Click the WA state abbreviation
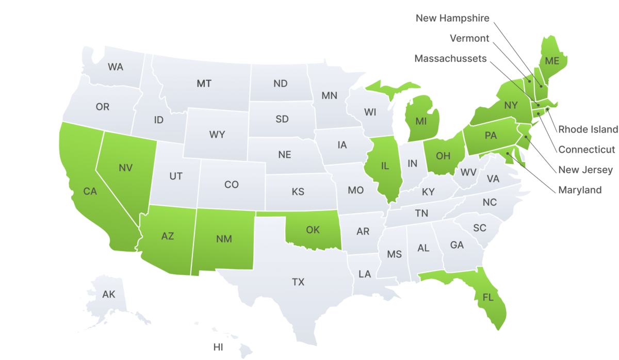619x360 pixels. [x=116, y=67]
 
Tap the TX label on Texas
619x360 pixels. [x=298, y=282]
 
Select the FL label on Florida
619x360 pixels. [x=487, y=297]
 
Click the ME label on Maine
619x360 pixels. [x=552, y=61]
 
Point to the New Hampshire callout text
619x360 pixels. [x=452, y=19]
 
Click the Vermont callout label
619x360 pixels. [x=469, y=38]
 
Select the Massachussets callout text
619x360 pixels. [x=450, y=59]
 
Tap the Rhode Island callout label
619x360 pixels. [x=588, y=129]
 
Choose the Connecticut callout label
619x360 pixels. [x=587, y=150]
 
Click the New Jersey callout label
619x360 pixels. [x=585, y=170]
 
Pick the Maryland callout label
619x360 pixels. [x=580, y=190]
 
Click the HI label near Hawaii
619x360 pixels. [x=218, y=347]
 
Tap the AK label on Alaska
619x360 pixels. [x=109, y=294]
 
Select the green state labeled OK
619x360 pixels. [x=313, y=230]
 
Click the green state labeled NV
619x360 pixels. [x=125, y=168]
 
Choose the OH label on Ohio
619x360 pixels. [x=443, y=155]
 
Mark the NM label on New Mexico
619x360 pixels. [x=224, y=239]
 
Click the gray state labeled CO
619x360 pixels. [x=232, y=184]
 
